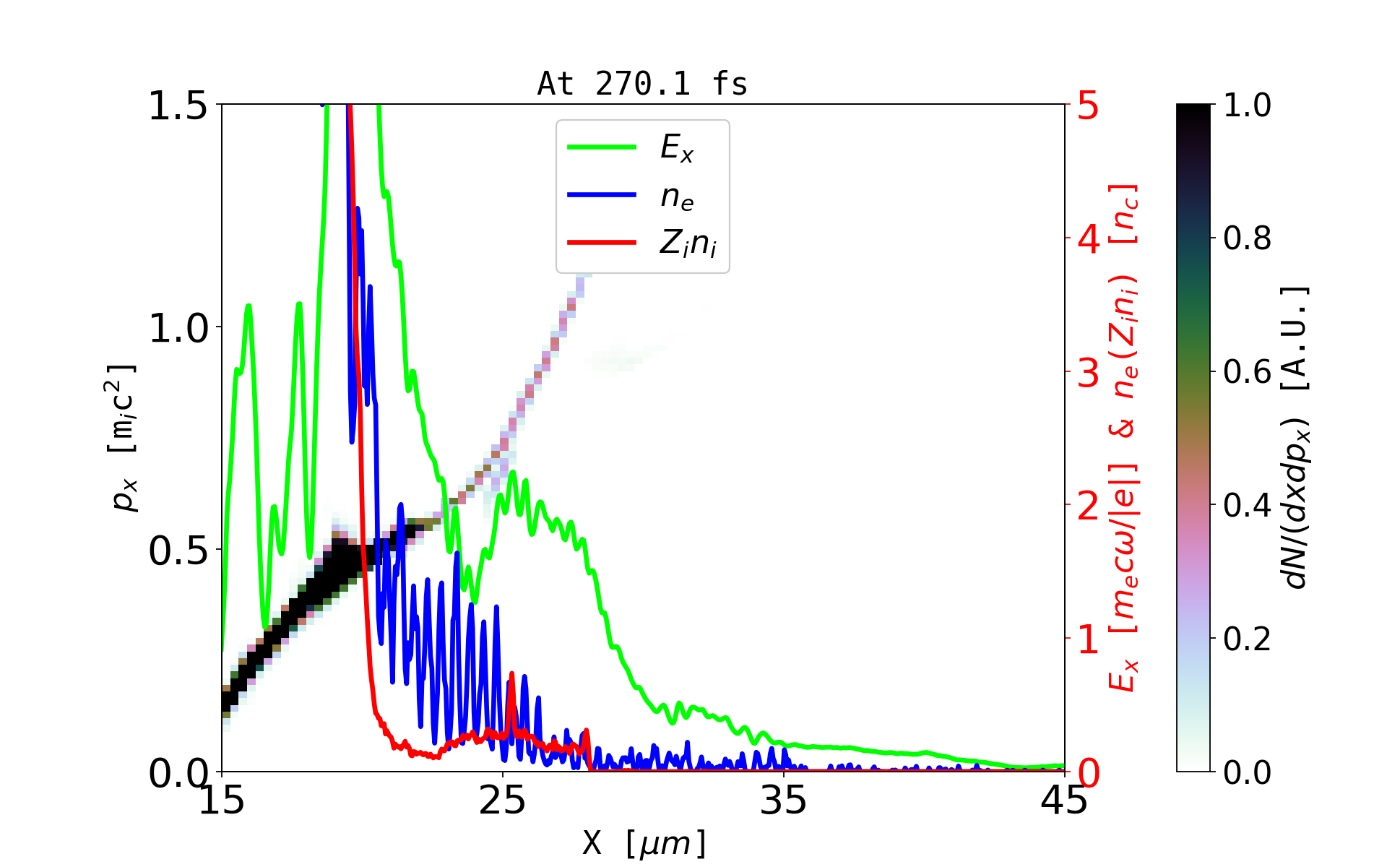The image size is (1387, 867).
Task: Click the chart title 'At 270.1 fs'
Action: pyautogui.click(x=642, y=84)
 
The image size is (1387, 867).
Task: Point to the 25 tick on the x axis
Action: pyautogui.click(x=503, y=801)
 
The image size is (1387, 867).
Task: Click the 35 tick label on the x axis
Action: pyautogui.click(x=784, y=801)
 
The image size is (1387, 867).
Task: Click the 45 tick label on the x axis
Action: pyautogui.click(x=1064, y=801)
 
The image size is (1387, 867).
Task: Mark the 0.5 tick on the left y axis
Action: pyautogui.click(x=178, y=551)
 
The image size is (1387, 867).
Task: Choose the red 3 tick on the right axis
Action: pyautogui.click(x=1089, y=373)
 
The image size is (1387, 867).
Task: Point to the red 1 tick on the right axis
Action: pyautogui.click(x=1089, y=640)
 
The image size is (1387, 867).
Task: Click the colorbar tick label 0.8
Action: pyautogui.click(x=1247, y=238)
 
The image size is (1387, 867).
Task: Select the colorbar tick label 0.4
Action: pyautogui.click(x=1247, y=505)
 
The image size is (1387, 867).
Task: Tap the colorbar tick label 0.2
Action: pyautogui.click(x=1247, y=639)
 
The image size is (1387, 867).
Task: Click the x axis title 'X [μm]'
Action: pyautogui.click(x=644, y=842)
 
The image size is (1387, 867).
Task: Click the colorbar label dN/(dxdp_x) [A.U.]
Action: pyautogui.click(x=1296, y=438)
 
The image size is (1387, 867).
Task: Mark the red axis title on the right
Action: pyautogui.click(x=1124, y=438)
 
